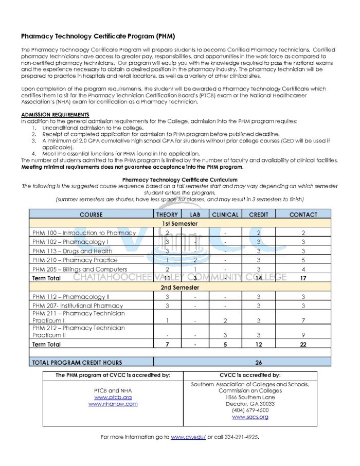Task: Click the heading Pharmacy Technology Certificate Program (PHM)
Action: pyautogui.click(x=98, y=37)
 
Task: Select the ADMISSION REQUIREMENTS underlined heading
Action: pyautogui.click(x=55, y=114)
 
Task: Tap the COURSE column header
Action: pyautogui.click(x=91, y=214)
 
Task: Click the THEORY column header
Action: pyautogui.click(x=167, y=214)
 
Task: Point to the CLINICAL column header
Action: pyautogui.click(x=225, y=214)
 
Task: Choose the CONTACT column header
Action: pyautogui.click(x=303, y=214)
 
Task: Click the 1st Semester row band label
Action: pyautogui.click(x=179, y=224)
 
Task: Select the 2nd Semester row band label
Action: pyautogui.click(x=179, y=288)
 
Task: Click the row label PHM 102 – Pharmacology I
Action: pyautogui.click(x=70, y=242)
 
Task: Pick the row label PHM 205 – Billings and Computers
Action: pyautogui.click(x=80, y=269)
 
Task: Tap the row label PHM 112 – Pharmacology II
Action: pyautogui.click(x=71, y=297)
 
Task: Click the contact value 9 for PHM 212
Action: pyautogui.click(x=303, y=335)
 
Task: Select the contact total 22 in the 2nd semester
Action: pyautogui.click(x=303, y=344)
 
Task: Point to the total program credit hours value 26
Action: pyautogui.click(x=259, y=362)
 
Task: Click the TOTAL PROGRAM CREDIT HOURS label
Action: pyautogui.click(x=77, y=362)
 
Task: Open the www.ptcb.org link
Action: pyautogui.click(x=113, y=397)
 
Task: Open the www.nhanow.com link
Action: pyautogui.click(x=113, y=404)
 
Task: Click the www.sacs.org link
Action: pyautogui.click(x=250, y=417)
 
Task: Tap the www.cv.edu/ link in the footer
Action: pyautogui.click(x=188, y=437)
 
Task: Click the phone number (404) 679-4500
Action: pyautogui.click(x=250, y=410)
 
